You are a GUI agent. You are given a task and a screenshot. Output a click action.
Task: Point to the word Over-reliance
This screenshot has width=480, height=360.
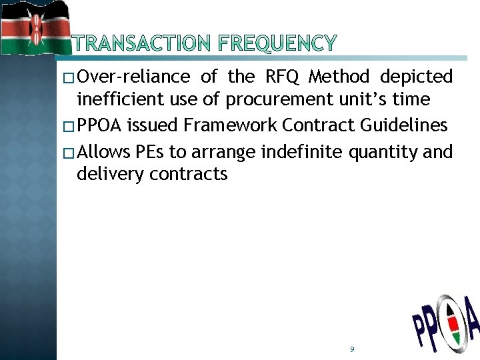[x=133, y=77]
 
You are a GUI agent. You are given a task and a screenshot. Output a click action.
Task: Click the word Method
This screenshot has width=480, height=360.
[x=339, y=77]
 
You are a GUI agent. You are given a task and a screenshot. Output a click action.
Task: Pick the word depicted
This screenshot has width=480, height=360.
[x=416, y=77]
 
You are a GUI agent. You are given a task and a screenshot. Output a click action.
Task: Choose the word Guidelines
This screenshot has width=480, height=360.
[x=407, y=125]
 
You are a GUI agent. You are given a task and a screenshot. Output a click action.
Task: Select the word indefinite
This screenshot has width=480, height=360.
[x=303, y=151]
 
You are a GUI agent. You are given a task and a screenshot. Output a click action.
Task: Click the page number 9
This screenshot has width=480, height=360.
[x=351, y=349]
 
